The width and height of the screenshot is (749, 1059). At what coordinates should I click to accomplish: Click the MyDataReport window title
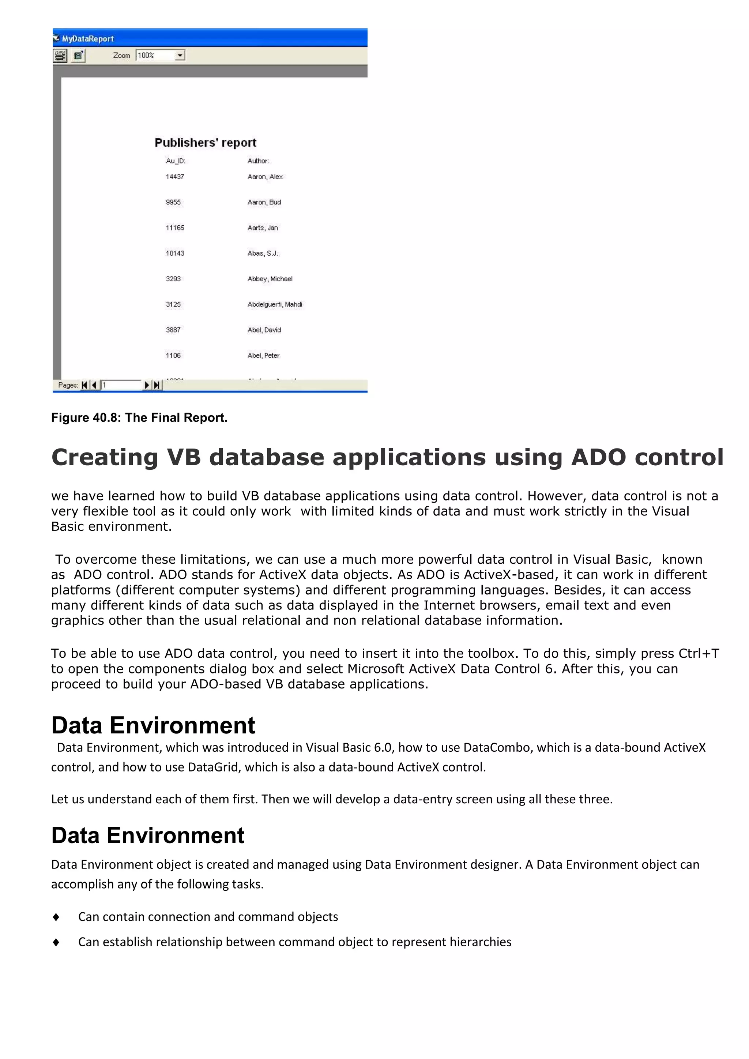click(88, 39)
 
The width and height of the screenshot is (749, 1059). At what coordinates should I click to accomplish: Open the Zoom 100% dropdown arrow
click(180, 55)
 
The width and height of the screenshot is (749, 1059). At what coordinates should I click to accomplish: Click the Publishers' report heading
click(205, 143)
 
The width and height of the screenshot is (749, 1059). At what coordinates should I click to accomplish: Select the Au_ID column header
click(175, 161)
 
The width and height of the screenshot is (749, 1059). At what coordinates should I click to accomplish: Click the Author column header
click(258, 161)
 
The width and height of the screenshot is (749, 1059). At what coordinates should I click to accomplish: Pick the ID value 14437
click(175, 177)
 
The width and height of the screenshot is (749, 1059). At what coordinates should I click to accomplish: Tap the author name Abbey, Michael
click(270, 279)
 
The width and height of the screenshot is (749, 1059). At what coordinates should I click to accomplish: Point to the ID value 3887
click(173, 330)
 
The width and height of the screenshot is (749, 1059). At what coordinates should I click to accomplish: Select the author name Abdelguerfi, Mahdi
click(274, 304)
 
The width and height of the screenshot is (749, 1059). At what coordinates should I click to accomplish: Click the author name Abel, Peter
click(263, 356)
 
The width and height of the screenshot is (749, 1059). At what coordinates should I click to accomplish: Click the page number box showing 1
click(121, 385)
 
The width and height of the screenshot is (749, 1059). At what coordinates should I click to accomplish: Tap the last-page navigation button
click(157, 385)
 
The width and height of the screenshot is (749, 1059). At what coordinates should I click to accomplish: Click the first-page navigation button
click(84, 385)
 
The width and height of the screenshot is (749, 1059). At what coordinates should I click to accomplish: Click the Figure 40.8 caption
click(139, 417)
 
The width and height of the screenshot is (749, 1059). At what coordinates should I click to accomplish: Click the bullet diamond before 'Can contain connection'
click(56, 917)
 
